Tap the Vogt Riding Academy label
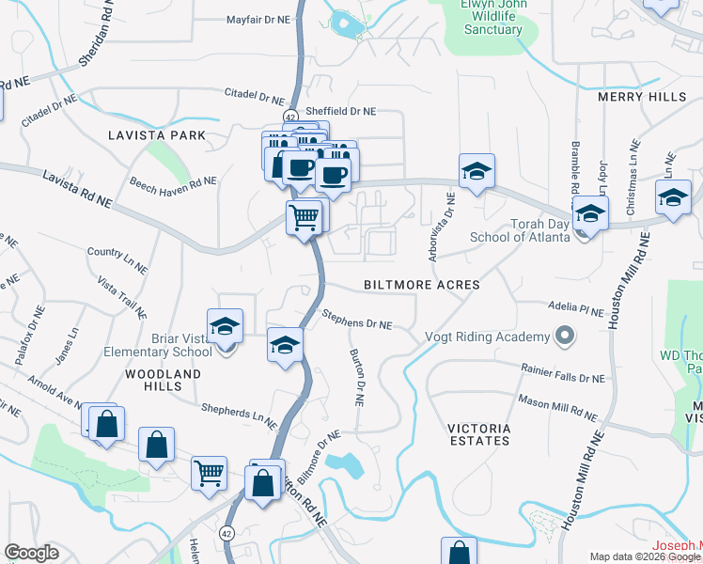[x=487, y=337]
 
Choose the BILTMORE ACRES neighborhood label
[x=421, y=284]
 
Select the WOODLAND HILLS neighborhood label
[x=163, y=381]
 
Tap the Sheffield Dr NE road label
[x=341, y=111]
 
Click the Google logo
[x=31, y=553]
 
